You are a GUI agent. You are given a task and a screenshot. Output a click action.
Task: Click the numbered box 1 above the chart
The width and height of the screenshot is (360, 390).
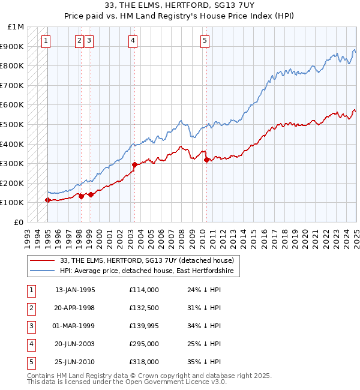click(46, 41)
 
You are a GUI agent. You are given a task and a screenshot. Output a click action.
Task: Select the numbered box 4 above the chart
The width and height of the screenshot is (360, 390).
click(133, 41)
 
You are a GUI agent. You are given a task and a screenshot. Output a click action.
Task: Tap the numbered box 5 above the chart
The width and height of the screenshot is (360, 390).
click(205, 41)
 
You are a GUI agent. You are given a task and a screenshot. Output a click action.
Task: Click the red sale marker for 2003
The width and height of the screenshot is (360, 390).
click(134, 164)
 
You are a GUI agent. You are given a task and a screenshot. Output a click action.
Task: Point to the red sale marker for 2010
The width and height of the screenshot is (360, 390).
click(206, 160)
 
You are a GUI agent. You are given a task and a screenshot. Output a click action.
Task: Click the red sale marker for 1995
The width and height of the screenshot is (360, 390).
click(47, 200)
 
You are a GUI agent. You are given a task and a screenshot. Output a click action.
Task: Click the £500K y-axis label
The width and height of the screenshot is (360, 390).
click(13, 124)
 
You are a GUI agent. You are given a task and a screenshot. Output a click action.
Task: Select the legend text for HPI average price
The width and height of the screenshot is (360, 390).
click(149, 271)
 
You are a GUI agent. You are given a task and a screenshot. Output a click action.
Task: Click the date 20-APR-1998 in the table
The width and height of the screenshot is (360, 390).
click(75, 308)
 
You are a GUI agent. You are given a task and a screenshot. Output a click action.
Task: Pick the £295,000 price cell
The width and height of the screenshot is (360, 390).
click(143, 344)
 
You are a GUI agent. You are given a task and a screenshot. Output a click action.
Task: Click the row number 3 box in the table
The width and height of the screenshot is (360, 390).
click(31, 326)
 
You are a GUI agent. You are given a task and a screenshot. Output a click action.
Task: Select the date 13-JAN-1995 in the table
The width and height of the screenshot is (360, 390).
click(75, 290)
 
